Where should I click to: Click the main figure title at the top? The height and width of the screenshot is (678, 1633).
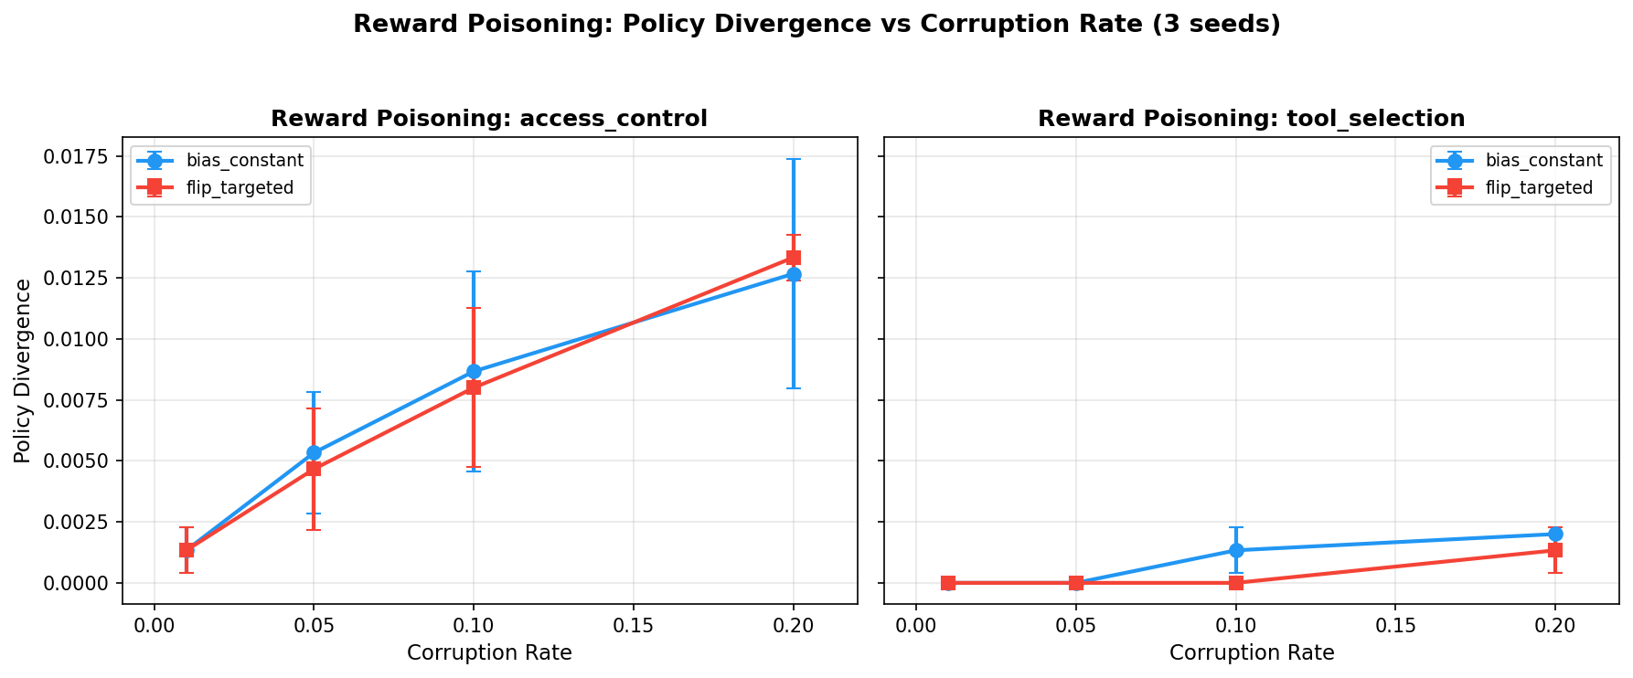[816, 25]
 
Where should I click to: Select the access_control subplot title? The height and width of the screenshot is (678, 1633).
[489, 119]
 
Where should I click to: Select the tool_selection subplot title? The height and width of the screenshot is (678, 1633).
[1251, 119]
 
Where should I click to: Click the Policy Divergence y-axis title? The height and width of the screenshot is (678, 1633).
[23, 370]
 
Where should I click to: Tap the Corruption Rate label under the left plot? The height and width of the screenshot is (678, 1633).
[489, 652]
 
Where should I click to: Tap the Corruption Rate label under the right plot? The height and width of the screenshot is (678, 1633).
[1251, 652]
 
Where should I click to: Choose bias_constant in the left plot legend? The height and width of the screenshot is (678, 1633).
[244, 161]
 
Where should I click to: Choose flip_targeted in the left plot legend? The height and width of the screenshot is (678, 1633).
[240, 188]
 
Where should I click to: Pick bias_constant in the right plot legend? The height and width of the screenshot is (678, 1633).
[1543, 161]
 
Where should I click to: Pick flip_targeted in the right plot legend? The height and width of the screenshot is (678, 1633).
[1539, 188]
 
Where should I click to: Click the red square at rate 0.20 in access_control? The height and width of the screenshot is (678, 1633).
[793, 258]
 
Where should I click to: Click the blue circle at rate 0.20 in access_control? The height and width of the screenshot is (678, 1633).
[793, 274]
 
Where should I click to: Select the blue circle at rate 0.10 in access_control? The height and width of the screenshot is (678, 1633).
[474, 371]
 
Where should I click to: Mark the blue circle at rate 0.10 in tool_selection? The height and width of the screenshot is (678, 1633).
[1235, 550]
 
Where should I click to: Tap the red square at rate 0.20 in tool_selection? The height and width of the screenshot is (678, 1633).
[1554, 550]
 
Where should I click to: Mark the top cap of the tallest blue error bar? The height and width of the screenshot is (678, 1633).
[793, 159]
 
